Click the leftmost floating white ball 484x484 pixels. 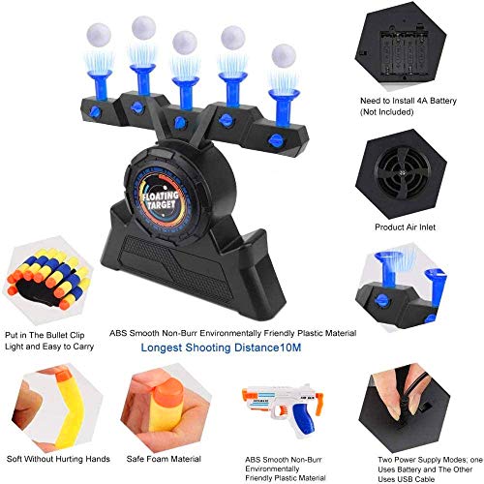pos(99,35)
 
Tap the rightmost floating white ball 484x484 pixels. pos(284,55)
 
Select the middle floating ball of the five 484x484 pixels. pos(185,43)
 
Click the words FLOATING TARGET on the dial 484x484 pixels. pos(161,200)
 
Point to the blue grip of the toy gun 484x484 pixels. pos(302,417)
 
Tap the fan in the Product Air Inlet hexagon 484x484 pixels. pos(403,173)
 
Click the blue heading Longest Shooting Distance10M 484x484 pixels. pos(221,348)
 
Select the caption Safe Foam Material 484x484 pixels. pos(164,459)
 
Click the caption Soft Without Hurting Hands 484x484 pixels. pos(58,459)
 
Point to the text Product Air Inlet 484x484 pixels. pos(405,227)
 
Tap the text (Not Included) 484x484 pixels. pos(386,112)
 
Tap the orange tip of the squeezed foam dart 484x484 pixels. pos(168,391)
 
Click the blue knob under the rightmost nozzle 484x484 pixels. pos(275,140)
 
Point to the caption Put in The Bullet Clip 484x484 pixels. pos(45,335)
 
